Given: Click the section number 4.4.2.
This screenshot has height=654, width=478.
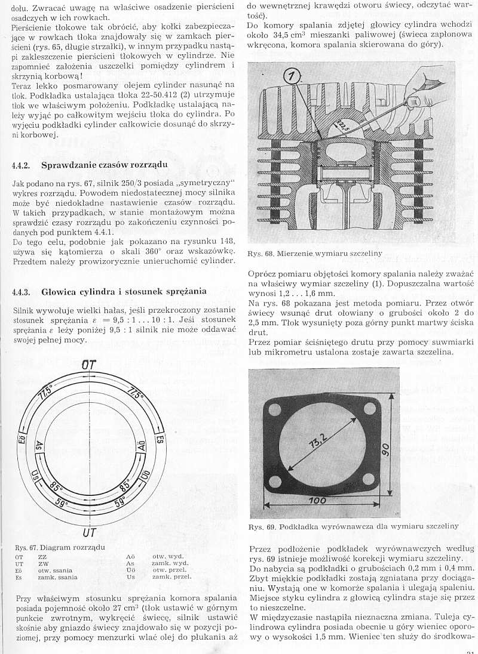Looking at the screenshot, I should click(22, 165).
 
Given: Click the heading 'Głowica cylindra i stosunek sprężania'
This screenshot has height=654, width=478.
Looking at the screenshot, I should click(124, 292).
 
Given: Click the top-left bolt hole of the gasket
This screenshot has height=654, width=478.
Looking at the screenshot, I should click(275, 411).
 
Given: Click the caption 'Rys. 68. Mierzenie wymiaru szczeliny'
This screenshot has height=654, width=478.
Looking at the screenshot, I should click(314, 253).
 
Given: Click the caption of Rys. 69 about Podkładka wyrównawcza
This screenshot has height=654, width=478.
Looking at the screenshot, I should click(354, 526).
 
